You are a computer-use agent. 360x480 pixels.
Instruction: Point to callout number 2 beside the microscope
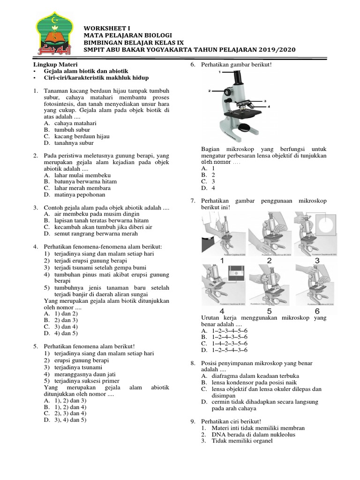(x=210, y=90)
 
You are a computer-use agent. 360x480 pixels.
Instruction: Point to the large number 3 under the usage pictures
(x=317, y=260)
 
